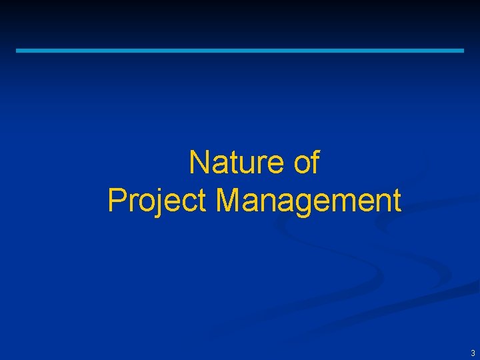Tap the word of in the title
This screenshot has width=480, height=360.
click(x=306, y=163)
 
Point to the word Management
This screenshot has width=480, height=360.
click(x=309, y=201)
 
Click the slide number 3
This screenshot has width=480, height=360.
click(x=473, y=353)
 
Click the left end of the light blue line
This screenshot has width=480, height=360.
click(x=18, y=50)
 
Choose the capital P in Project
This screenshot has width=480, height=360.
click(x=117, y=201)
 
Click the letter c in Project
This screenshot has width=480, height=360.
click(x=189, y=203)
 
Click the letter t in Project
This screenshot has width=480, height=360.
click(x=201, y=201)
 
